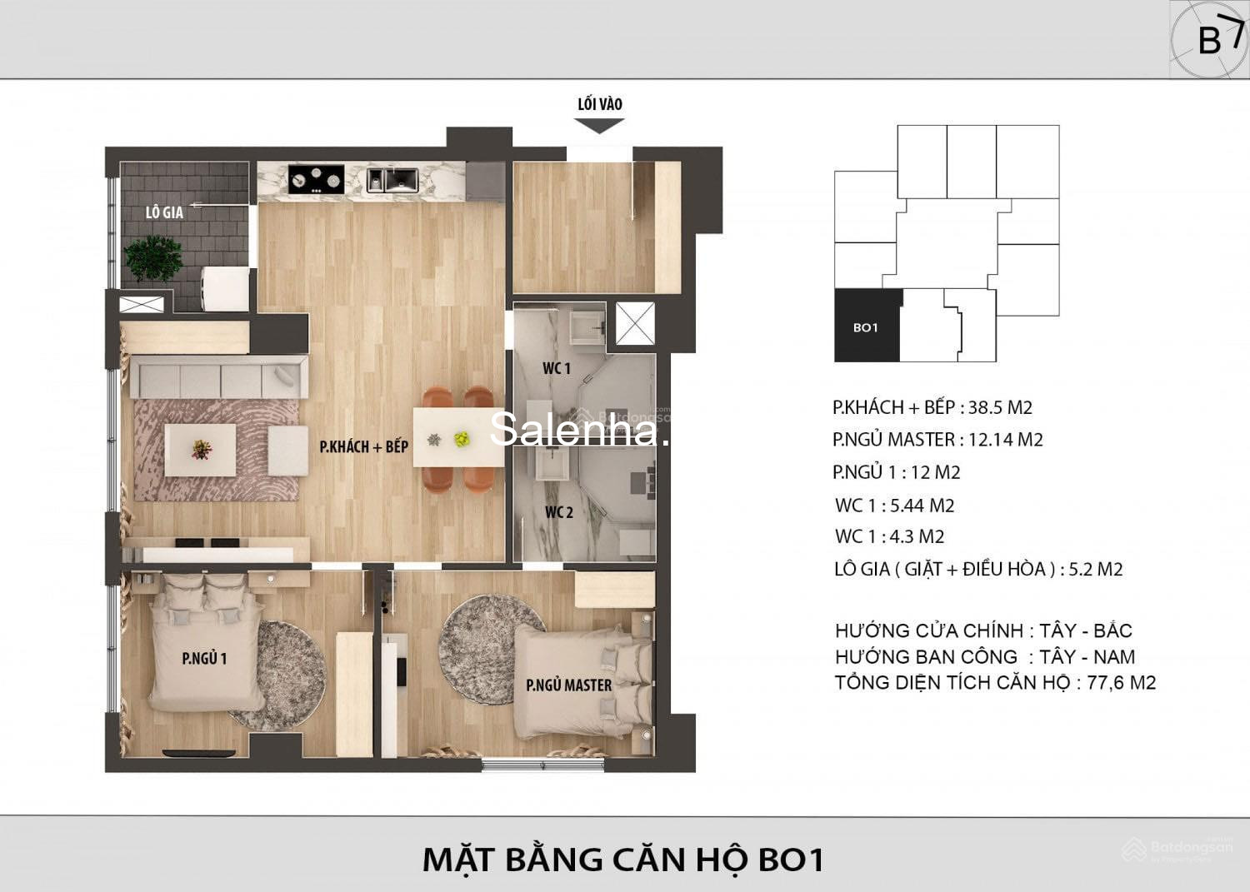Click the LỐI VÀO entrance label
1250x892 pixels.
point(600,104)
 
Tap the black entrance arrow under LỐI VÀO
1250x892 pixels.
point(599,126)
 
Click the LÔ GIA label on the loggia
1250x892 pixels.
point(164,212)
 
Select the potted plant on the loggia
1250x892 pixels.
point(152,257)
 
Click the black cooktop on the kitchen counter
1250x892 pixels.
point(316,179)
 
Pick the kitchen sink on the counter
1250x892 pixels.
point(392,179)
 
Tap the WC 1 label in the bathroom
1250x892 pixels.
point(557,368)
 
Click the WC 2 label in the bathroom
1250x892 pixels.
point(558,512)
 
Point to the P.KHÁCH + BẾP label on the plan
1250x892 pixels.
point(364,446)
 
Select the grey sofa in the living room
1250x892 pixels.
point(218,377)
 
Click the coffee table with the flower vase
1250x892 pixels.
point(200,451)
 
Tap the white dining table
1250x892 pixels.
point(458,436)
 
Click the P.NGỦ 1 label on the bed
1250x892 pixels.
point(204,658)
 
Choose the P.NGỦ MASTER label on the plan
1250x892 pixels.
point(568,685)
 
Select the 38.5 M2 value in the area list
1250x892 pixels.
point(1000,407)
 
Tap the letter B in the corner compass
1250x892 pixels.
point(1209,41)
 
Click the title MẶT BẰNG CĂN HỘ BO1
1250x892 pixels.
point(623,860)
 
